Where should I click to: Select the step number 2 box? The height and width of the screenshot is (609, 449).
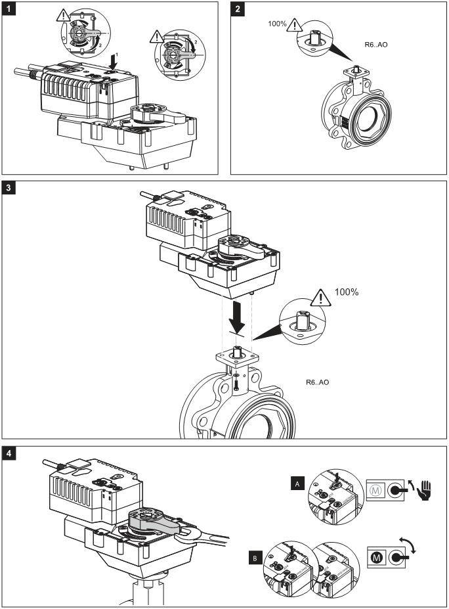[238, 9]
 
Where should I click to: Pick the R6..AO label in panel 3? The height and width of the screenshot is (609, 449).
[318, 382]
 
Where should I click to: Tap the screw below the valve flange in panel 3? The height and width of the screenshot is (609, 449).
[234, 382]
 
